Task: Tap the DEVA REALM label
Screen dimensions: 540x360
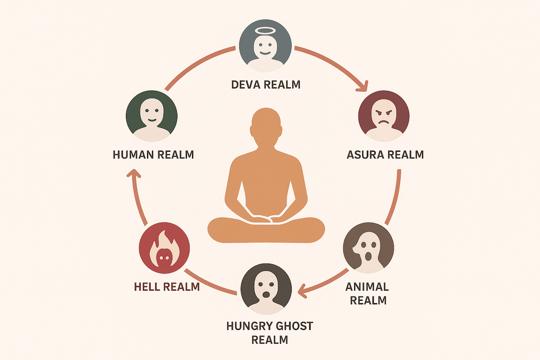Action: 265,85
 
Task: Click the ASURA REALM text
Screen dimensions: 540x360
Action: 385,155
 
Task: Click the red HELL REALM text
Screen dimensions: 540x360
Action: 166,287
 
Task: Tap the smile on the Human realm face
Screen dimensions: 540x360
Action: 152,121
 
